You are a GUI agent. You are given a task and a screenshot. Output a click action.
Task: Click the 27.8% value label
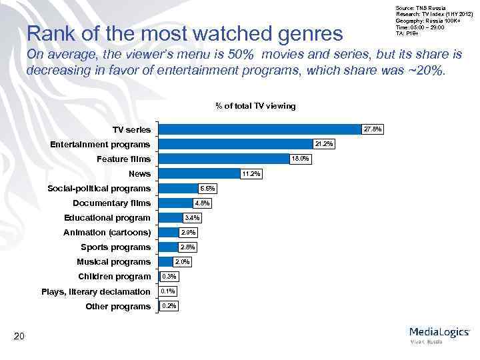372,129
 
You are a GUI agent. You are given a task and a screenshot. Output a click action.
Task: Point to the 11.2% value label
251,174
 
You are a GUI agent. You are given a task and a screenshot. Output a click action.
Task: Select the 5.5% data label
207,189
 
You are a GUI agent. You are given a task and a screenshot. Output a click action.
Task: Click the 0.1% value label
168,291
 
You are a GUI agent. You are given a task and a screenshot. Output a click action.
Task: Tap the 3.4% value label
191,218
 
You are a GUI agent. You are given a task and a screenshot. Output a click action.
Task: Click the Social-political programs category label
99,189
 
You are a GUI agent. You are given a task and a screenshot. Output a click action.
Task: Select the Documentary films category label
111,203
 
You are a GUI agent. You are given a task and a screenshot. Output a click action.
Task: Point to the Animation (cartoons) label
107,233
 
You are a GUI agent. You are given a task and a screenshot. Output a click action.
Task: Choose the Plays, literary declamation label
96,291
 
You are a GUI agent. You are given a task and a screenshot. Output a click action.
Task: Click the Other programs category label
118,306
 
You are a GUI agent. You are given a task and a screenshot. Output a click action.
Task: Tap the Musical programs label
113,262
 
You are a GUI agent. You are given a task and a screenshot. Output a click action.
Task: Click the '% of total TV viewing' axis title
255,106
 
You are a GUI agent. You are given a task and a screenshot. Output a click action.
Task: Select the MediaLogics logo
439,333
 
